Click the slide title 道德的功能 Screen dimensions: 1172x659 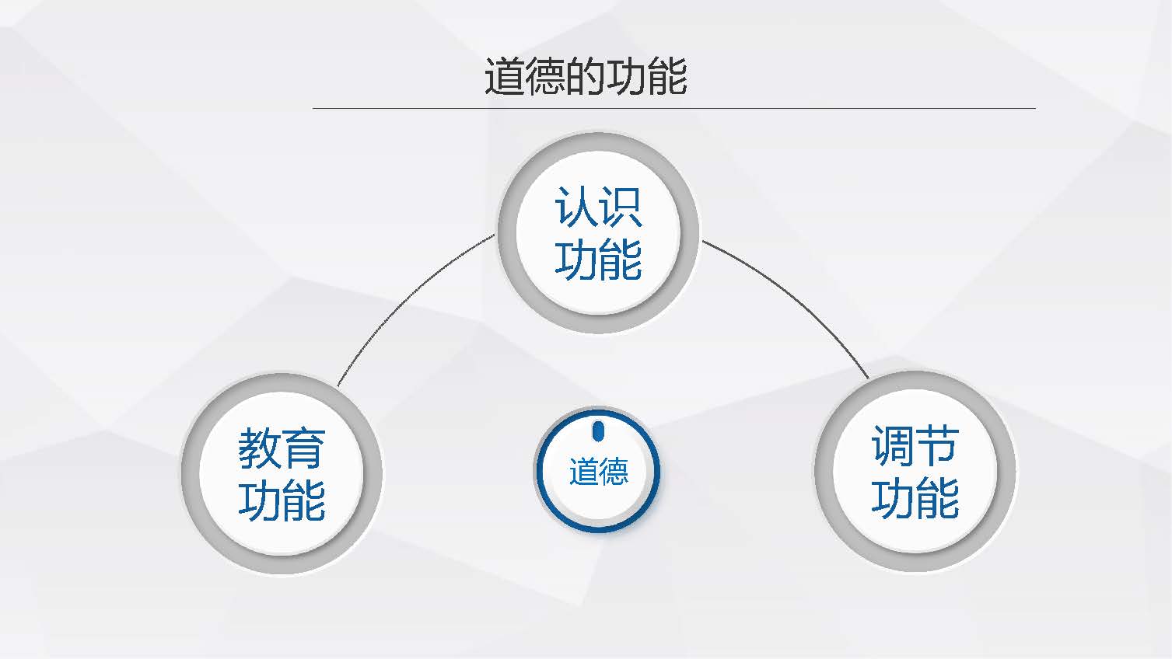click(586, 76)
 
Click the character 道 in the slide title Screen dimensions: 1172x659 click(505, 76)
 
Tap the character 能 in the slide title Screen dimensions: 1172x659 click(666, 76)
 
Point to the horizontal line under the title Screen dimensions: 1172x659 click(674, 108)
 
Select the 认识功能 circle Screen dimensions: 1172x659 click(598, 232)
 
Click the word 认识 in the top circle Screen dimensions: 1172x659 click(598, 207)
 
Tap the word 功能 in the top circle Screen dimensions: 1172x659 click(598, 260)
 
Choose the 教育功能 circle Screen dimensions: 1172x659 click(282, 473)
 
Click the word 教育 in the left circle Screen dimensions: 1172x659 click(282, 448)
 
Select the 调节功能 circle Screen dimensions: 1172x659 click(915, 471)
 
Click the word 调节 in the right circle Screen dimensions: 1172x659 click(915, 445)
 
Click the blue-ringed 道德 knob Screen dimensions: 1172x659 click(598, 470)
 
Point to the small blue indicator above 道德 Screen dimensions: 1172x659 click(598, 431)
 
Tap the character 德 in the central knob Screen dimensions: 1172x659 click(614, 471)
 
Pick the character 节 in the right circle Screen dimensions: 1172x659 click(938, 445)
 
